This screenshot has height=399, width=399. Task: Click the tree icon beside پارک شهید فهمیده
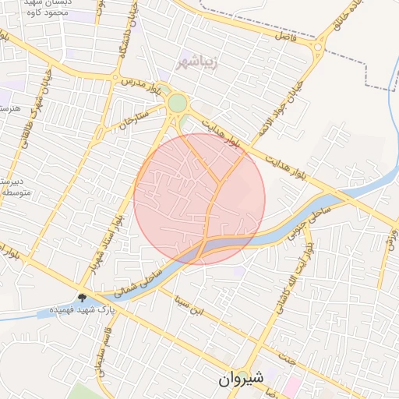[83, 298]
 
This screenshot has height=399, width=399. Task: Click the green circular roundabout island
[178, 103]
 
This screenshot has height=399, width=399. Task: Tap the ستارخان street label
[134, 121]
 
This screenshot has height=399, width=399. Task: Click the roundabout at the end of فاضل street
[318, 47]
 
